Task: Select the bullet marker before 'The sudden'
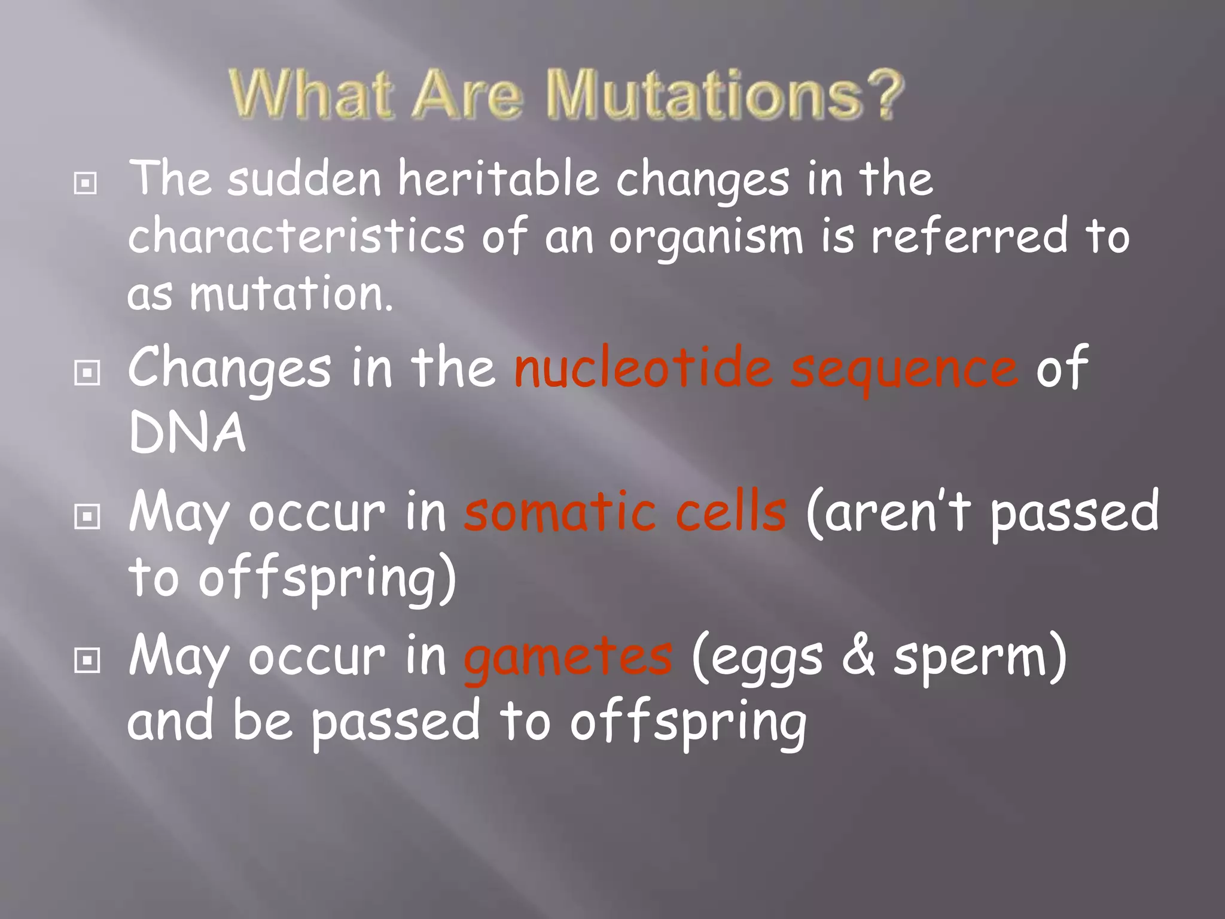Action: (86, 183)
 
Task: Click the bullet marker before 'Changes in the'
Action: (87, 373)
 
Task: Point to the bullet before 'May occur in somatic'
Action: (87, 516)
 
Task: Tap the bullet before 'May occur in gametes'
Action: (87, 661)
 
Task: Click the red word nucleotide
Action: (643, 367)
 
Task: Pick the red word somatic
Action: (560, 512)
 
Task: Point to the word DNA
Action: (187, 432)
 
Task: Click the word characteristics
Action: (296, 236)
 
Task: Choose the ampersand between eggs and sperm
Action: (858, 656)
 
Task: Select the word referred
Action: (969, 236)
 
